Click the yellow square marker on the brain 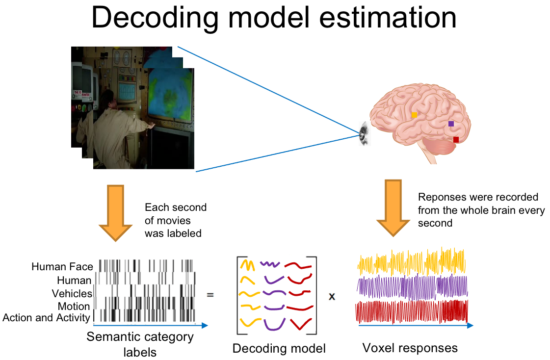pyautogui.click(x=414, y=115)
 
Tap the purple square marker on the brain pyautogui.click(x=451, y=124)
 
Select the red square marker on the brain pyautogui.click(x=456, y=139)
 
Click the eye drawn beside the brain pyautogui.click(x=365, y=133)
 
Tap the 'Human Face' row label pyautogui.click(x=62, y=267)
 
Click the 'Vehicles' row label pyautogui.click(x=72, y=293)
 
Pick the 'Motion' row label pyautogui.click(x=74, y=307)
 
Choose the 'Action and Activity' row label pyautogui.click(x=46, y=318)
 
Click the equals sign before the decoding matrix pyautogui.click(x=210, y=295)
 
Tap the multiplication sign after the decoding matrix pyautogui.click(x=332, y=297)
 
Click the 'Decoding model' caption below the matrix pyautogui.click(x=279, y=348)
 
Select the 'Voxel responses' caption pyautogui.click(x=410, y=348)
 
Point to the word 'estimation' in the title pyautogui.click(x=388, y=18)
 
